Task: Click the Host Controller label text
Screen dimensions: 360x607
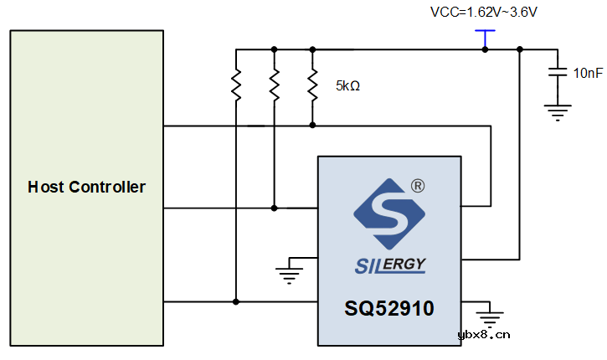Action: pos(86,187)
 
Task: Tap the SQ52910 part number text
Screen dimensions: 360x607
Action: pos(389,309)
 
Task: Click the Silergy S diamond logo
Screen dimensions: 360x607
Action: pos(389,214)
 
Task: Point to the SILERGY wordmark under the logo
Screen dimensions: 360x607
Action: pos(389,265)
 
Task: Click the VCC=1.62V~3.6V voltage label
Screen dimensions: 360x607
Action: pos(484,12)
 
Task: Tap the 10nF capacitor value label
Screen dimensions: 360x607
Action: pos(588,73)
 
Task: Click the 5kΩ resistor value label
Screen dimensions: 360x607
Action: pos(347,85)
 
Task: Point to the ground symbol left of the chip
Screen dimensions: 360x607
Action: pos(290,271)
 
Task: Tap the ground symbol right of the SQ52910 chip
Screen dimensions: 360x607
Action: pos(490,316)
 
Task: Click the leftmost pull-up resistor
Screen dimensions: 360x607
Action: pos(237,84)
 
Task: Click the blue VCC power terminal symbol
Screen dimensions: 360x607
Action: pos(484,33)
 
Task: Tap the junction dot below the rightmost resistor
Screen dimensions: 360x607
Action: pos(312,125)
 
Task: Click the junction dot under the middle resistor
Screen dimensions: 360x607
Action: pos(275,207)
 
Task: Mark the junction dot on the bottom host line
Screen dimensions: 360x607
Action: pos(237,301)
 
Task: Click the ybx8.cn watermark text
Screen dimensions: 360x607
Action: pos(484,337)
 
